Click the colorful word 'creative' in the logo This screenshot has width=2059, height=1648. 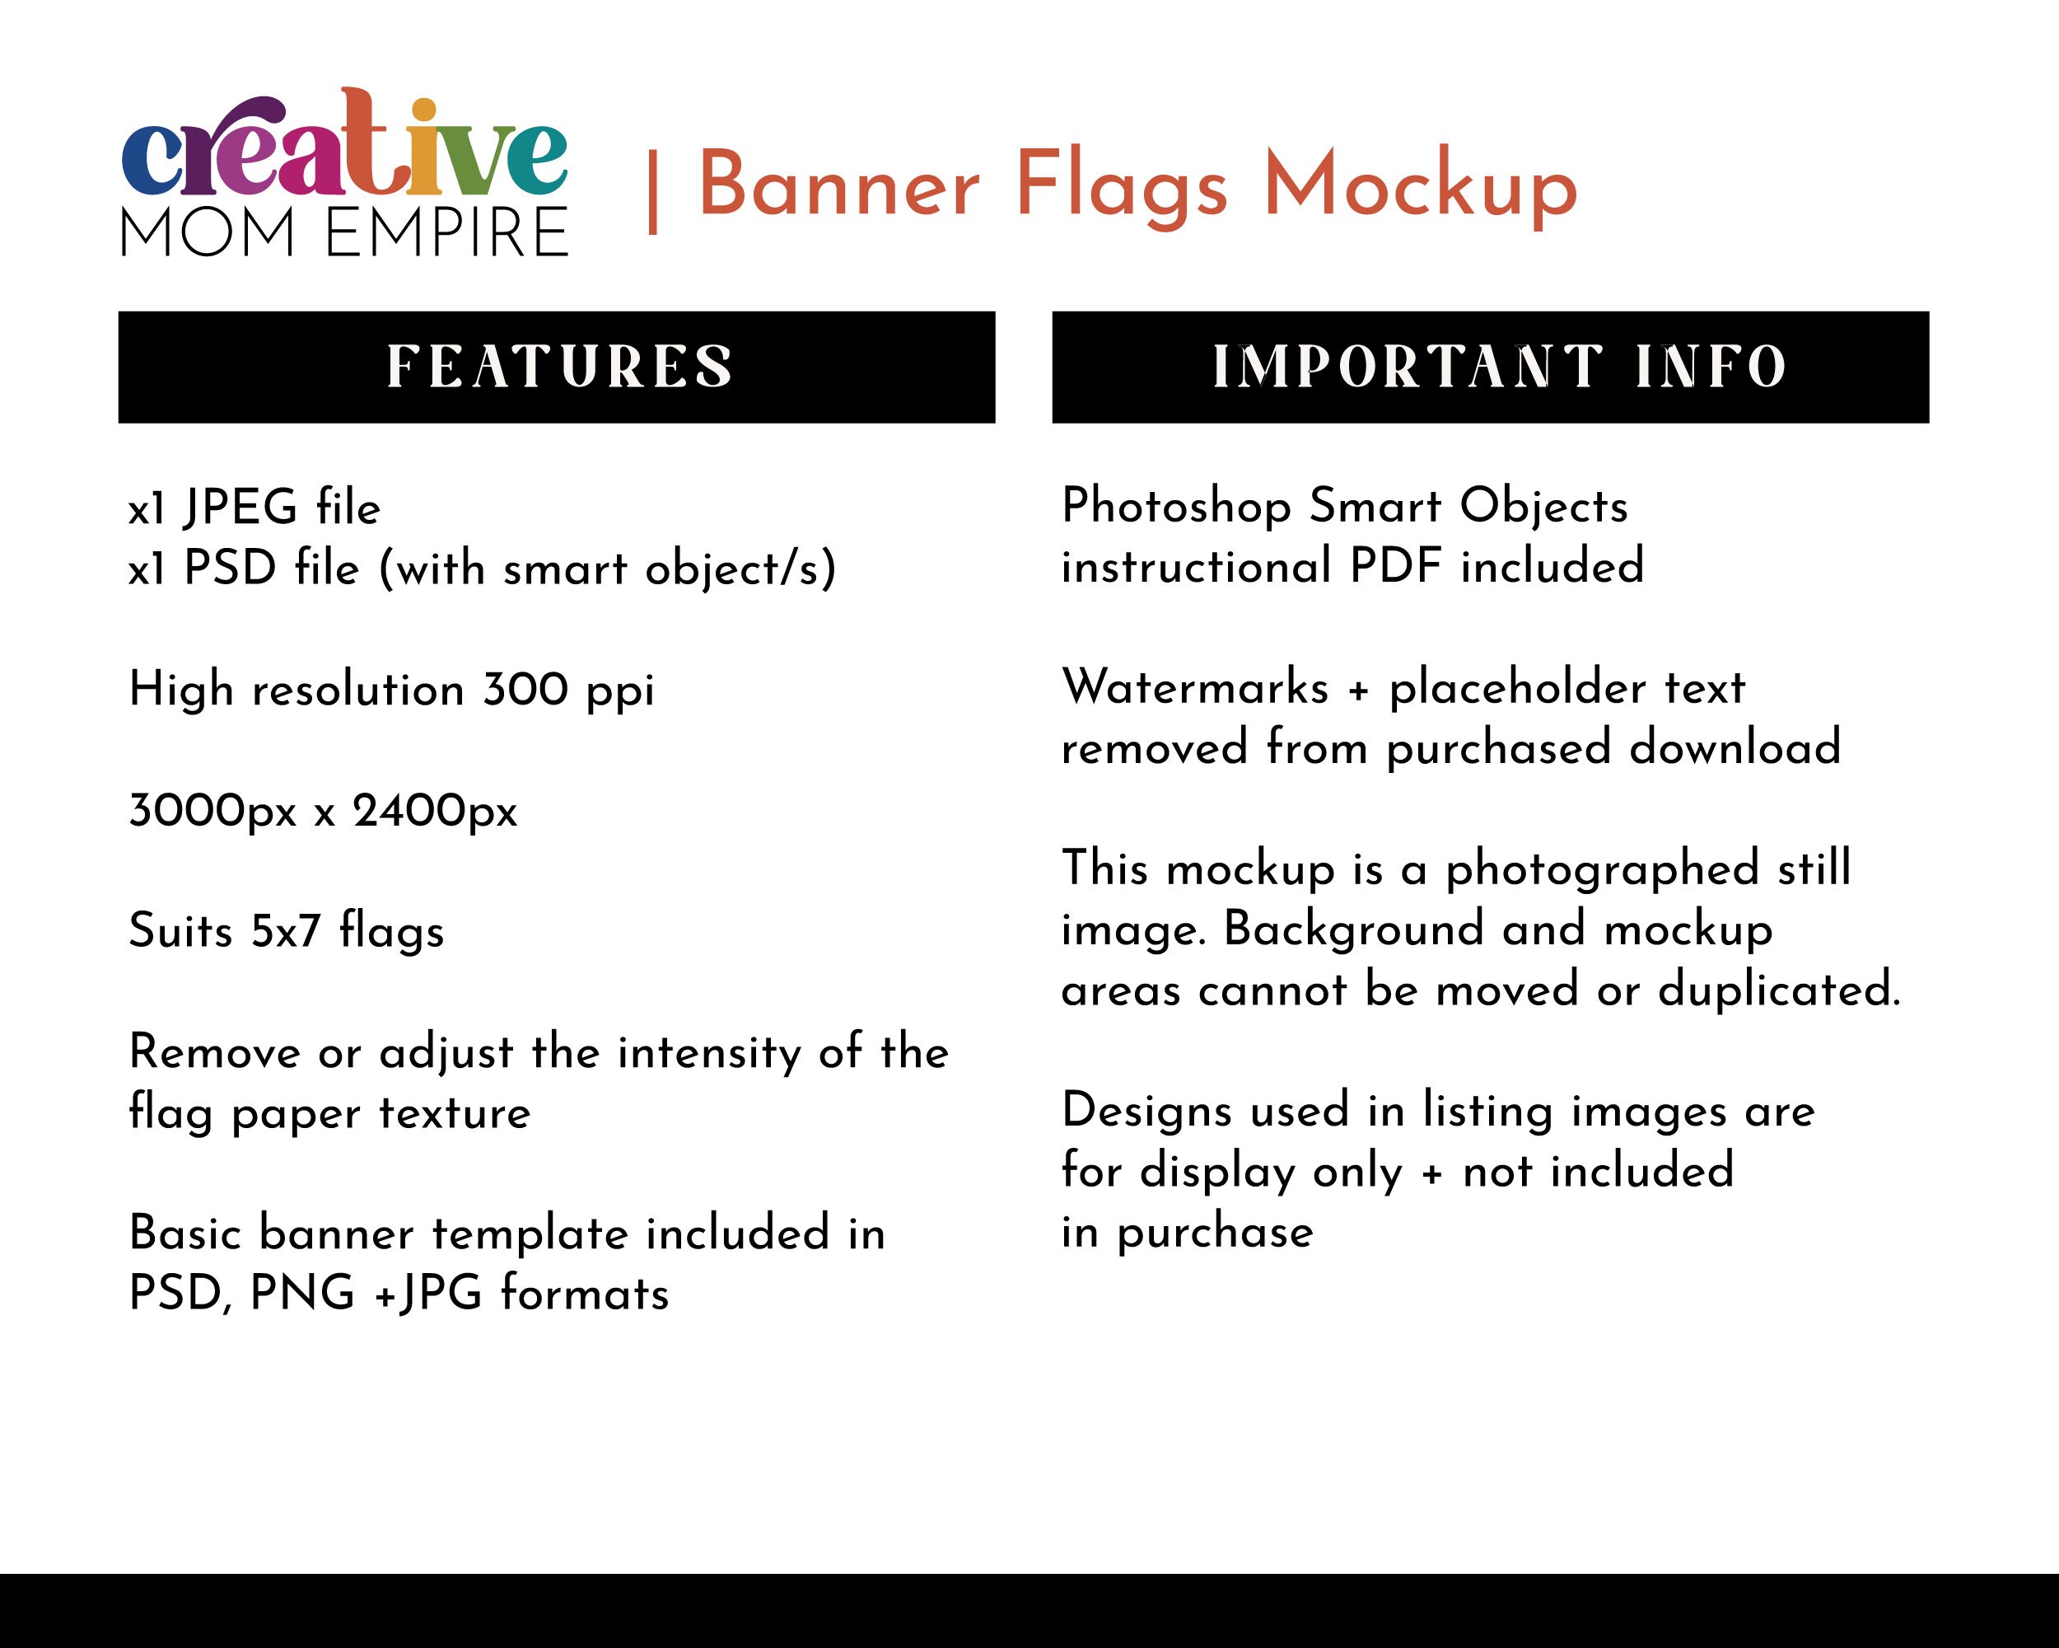tap(343, 148)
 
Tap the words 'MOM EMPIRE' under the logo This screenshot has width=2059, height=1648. tap(343, 233)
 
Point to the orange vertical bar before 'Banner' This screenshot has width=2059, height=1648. tap(653, 192)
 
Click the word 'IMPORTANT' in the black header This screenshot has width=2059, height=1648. tap(1408, 367)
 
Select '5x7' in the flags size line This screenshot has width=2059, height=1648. tap(286, 929)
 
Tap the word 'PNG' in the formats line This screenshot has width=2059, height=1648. tap(301, 1294)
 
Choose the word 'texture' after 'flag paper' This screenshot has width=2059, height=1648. tap(454, 1113)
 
